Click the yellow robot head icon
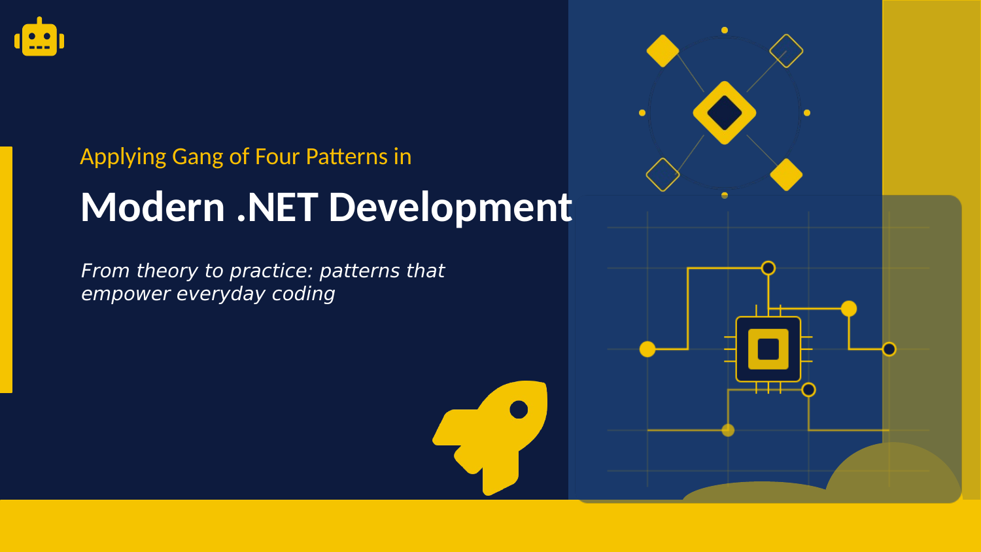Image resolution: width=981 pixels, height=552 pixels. pos(39,39)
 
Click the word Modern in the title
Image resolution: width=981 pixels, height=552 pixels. pos(152,207)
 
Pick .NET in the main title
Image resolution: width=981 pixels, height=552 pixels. pos(277,207)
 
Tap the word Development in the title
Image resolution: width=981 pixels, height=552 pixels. pos(450,207)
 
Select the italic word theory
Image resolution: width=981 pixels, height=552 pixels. pos(167,271)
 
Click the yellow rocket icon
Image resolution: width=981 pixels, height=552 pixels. pos(492,435)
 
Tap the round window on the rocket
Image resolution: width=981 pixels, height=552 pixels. pos(519,409)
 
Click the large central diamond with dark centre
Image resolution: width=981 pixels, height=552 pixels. pos(725,112)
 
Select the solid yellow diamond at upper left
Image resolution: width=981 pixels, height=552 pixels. pos(663,51)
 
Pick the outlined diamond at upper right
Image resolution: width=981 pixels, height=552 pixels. pos(786,51)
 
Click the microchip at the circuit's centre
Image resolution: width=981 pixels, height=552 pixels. pos(768,349)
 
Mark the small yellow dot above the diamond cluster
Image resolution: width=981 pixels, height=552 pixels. pos(725,30)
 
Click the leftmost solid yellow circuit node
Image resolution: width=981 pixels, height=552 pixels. pos(647,349)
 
